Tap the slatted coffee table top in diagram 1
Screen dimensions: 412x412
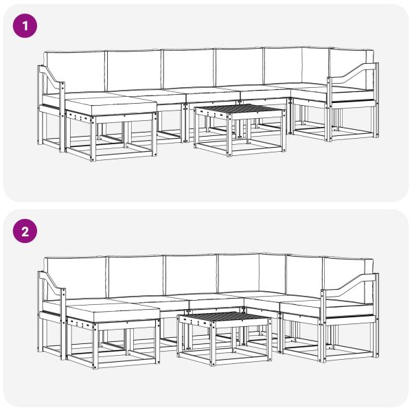[x=239, y=111]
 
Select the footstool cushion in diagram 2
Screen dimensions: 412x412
[x=113, y=312]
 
